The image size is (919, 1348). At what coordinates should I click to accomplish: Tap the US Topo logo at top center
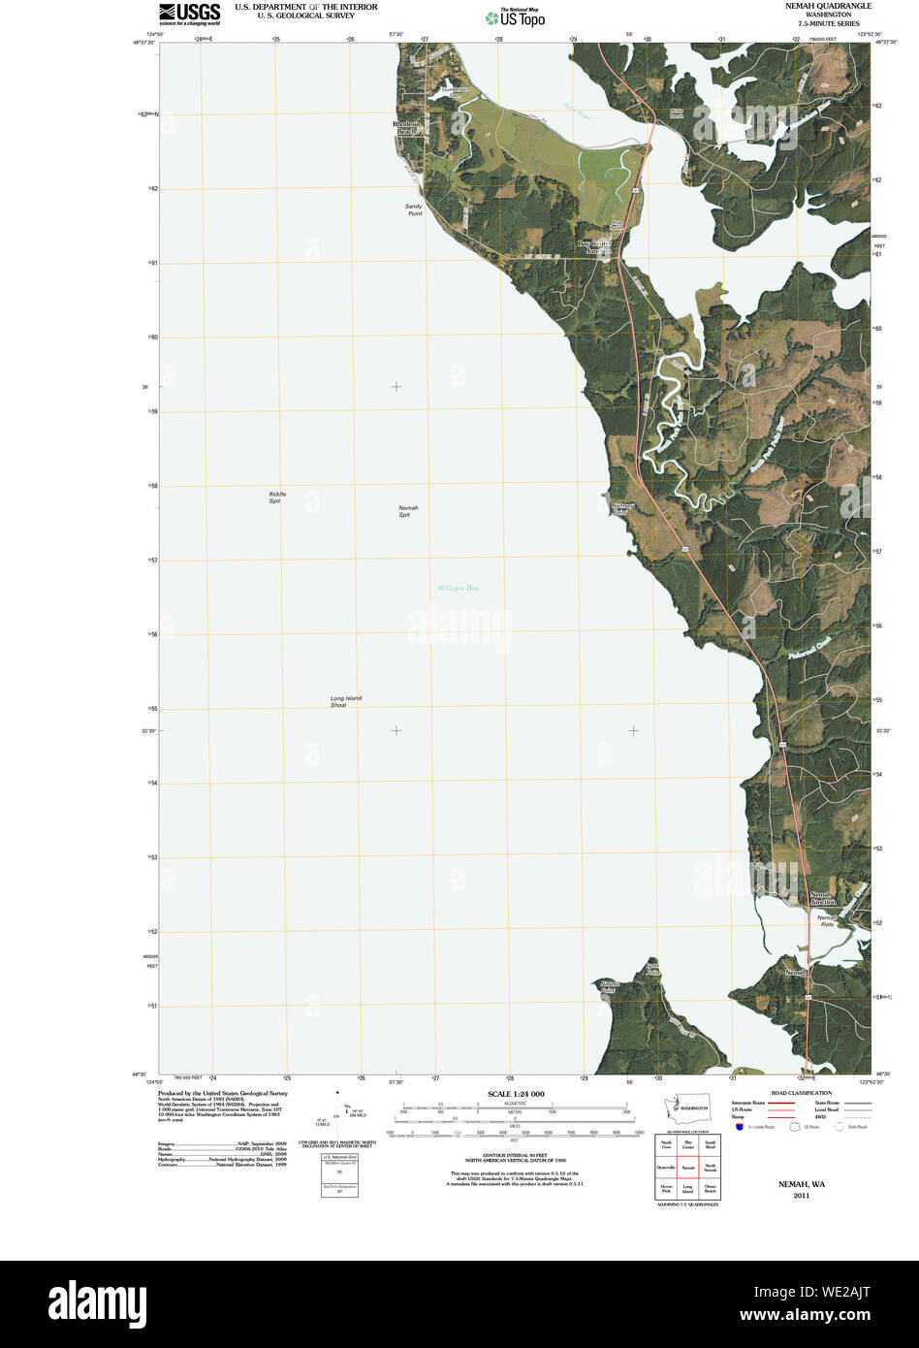pyautogui.click(x=516, y=16)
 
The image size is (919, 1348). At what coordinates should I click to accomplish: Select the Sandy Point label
pyautogui.click(x=414, y=209)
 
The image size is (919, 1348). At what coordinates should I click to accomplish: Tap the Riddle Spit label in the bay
pyautogui.click(x=276, y=497)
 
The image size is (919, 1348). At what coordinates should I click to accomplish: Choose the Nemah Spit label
pyautogui.click(x=404, y=511)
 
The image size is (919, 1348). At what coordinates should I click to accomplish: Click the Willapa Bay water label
pyautogui.click(x=458, y=588)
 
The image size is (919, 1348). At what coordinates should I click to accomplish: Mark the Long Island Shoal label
pyautogui.click(x=345, y=701)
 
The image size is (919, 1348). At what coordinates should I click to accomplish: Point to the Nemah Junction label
pyautogui.click(x=823, y=897)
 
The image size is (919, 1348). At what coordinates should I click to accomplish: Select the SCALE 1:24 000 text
pyautogui.click(x=516, y=1094)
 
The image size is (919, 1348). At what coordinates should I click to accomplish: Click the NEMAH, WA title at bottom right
pyautogui.click(x=801, y=1184)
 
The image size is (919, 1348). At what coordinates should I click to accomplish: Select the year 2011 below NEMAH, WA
pyautogui.click(x=801, y=1196)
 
